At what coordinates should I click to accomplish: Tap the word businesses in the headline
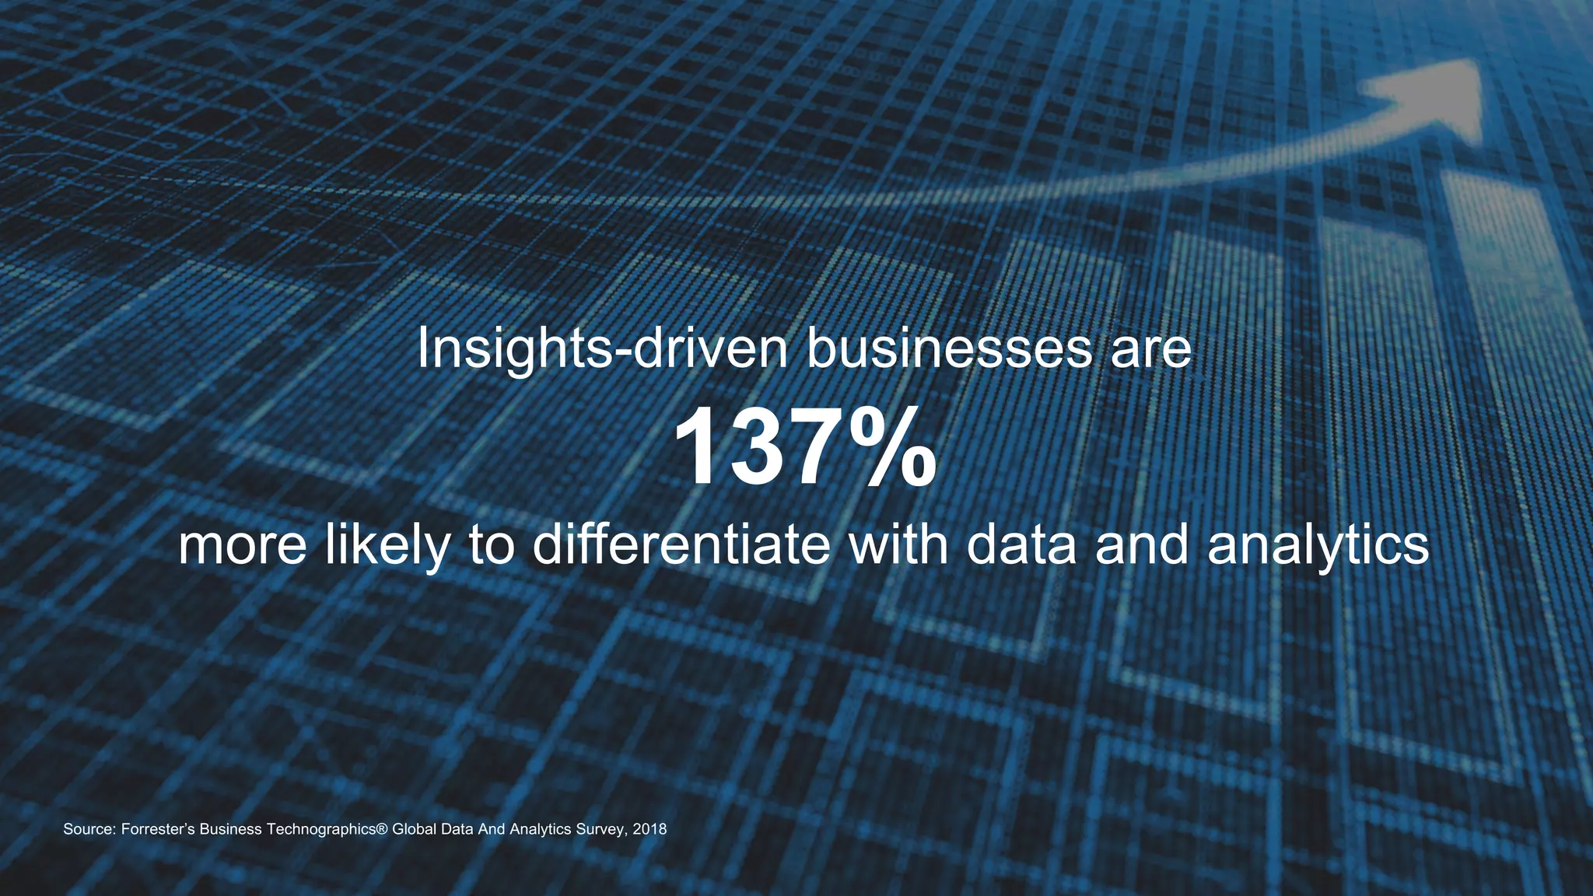point(949,349)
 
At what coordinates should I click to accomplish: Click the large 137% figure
point(804,448)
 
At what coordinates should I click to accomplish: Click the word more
point(243,546)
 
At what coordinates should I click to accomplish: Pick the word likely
point(387,546)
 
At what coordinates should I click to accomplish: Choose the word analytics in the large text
point(1318,546)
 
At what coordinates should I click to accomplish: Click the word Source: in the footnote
point(90,829)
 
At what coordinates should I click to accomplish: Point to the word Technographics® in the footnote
point(327,829)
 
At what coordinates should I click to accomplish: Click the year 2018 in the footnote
point(649,829)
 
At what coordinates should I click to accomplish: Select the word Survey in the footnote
point(600,829)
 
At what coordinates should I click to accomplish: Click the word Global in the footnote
point(414,829)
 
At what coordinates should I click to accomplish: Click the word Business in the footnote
point(230,829)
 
